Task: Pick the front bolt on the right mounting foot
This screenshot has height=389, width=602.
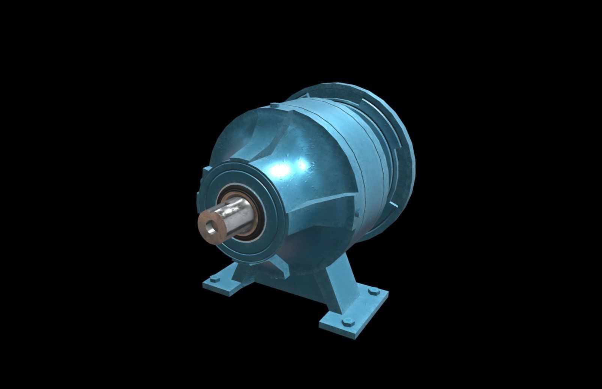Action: pos(347,321)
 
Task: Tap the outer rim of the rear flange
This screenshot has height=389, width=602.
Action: pos(407,150)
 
